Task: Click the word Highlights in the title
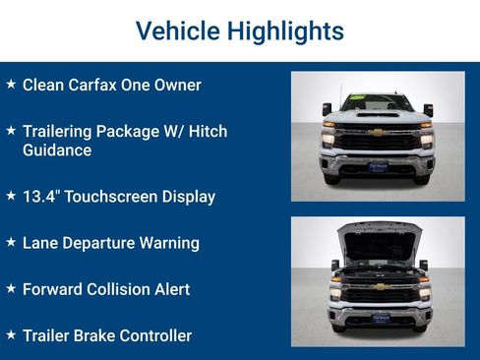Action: (x=284, y=30)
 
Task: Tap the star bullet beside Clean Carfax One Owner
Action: (x=11, y=84)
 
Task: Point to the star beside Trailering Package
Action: (x=11, y=130)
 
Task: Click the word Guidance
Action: (x=56, y=150)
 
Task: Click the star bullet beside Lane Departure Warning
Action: (x=11, y=242)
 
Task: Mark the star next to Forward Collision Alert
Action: (x=11, y=288)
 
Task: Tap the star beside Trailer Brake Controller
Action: (x=11, y=334)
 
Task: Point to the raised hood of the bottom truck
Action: (x=380, y=239)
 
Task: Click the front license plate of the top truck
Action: (x=378, y=168)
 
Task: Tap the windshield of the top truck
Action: (x=378, y=102)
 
